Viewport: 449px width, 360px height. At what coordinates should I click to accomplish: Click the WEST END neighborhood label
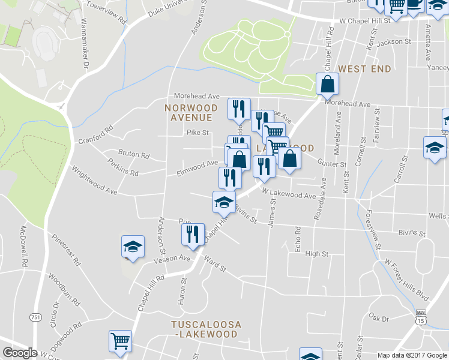point(364,69)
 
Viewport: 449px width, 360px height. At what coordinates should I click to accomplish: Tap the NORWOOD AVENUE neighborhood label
point(190,112)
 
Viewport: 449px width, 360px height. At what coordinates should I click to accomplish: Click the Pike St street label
point(197,133)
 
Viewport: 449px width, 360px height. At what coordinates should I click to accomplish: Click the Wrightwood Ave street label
point(94,181)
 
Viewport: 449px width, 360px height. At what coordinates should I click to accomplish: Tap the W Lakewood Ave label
point(288,196)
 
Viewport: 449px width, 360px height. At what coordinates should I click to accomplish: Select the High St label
point(316,254)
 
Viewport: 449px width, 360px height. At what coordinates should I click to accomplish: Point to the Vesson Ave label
point(172,259)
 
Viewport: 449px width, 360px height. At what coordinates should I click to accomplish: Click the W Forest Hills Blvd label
point(408,280)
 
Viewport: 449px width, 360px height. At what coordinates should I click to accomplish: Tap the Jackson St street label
point(394,42)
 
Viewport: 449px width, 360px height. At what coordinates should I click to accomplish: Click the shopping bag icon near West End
point(327,85)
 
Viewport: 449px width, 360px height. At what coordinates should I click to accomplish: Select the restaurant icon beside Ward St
point(193,235)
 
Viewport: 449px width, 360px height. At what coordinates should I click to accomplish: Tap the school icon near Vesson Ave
point(133,247)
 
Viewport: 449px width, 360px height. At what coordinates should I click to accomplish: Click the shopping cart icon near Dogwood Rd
point(120,341)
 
